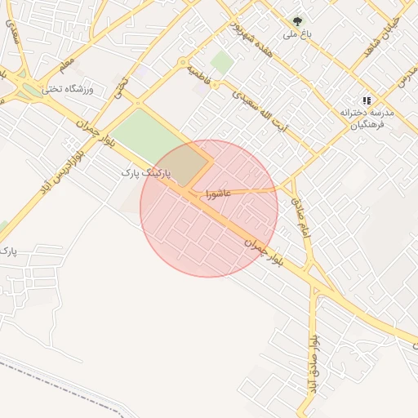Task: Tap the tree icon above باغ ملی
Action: [297, 21]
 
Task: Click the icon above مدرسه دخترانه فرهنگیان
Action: [366, 100]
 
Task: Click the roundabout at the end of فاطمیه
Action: [184, 61]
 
